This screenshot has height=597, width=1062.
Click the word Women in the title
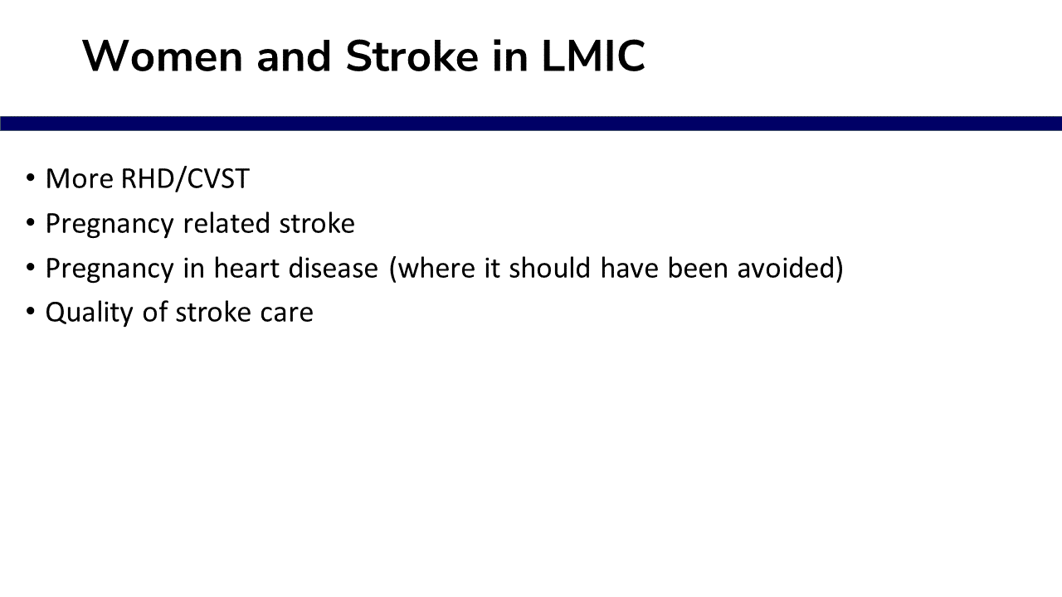(x=163, y=56)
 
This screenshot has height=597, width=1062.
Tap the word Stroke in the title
(x=412, y=56)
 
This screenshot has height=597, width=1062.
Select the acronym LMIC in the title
(x=593, y=56)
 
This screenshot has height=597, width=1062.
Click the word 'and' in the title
(x=294, y=56)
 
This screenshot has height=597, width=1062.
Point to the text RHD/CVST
(x=185, y=179)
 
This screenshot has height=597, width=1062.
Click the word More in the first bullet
(x=80, y=179)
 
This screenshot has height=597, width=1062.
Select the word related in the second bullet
(x=227, y=223)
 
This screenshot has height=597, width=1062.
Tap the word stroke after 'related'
(x=317, y=223)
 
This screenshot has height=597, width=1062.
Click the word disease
(x=334, y=268)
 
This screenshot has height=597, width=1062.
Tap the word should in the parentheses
(x=550, y=268)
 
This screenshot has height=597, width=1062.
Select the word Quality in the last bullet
(x=90, y=313)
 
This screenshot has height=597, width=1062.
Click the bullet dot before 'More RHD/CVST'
(x=31, y=178)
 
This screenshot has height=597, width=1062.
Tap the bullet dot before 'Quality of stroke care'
(x=31, y=311)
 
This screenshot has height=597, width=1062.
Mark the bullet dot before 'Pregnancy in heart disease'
(x=31, y=267)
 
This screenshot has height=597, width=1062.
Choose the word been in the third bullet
(x=698, y=268)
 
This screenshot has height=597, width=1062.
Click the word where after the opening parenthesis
(x=435, y=268)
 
